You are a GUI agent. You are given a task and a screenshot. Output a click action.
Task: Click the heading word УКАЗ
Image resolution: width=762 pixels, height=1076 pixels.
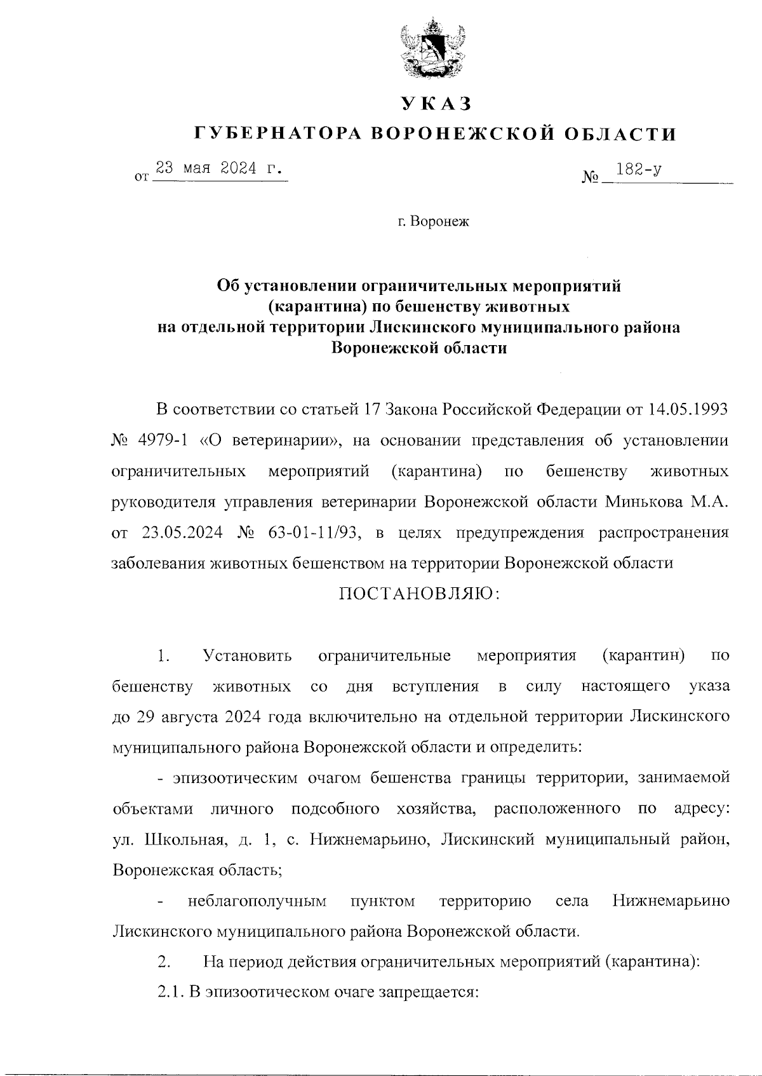436,103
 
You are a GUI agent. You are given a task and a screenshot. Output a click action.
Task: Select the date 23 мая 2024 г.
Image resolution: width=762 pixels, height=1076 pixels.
219,168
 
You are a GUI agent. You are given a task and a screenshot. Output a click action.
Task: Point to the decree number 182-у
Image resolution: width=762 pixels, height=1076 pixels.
635,169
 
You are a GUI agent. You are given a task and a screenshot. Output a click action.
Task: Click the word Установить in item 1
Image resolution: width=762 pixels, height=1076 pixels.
247,655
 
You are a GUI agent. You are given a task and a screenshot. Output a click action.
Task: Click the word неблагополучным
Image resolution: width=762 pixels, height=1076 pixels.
257,901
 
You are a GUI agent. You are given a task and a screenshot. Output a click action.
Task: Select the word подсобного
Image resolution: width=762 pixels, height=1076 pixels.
335,809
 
